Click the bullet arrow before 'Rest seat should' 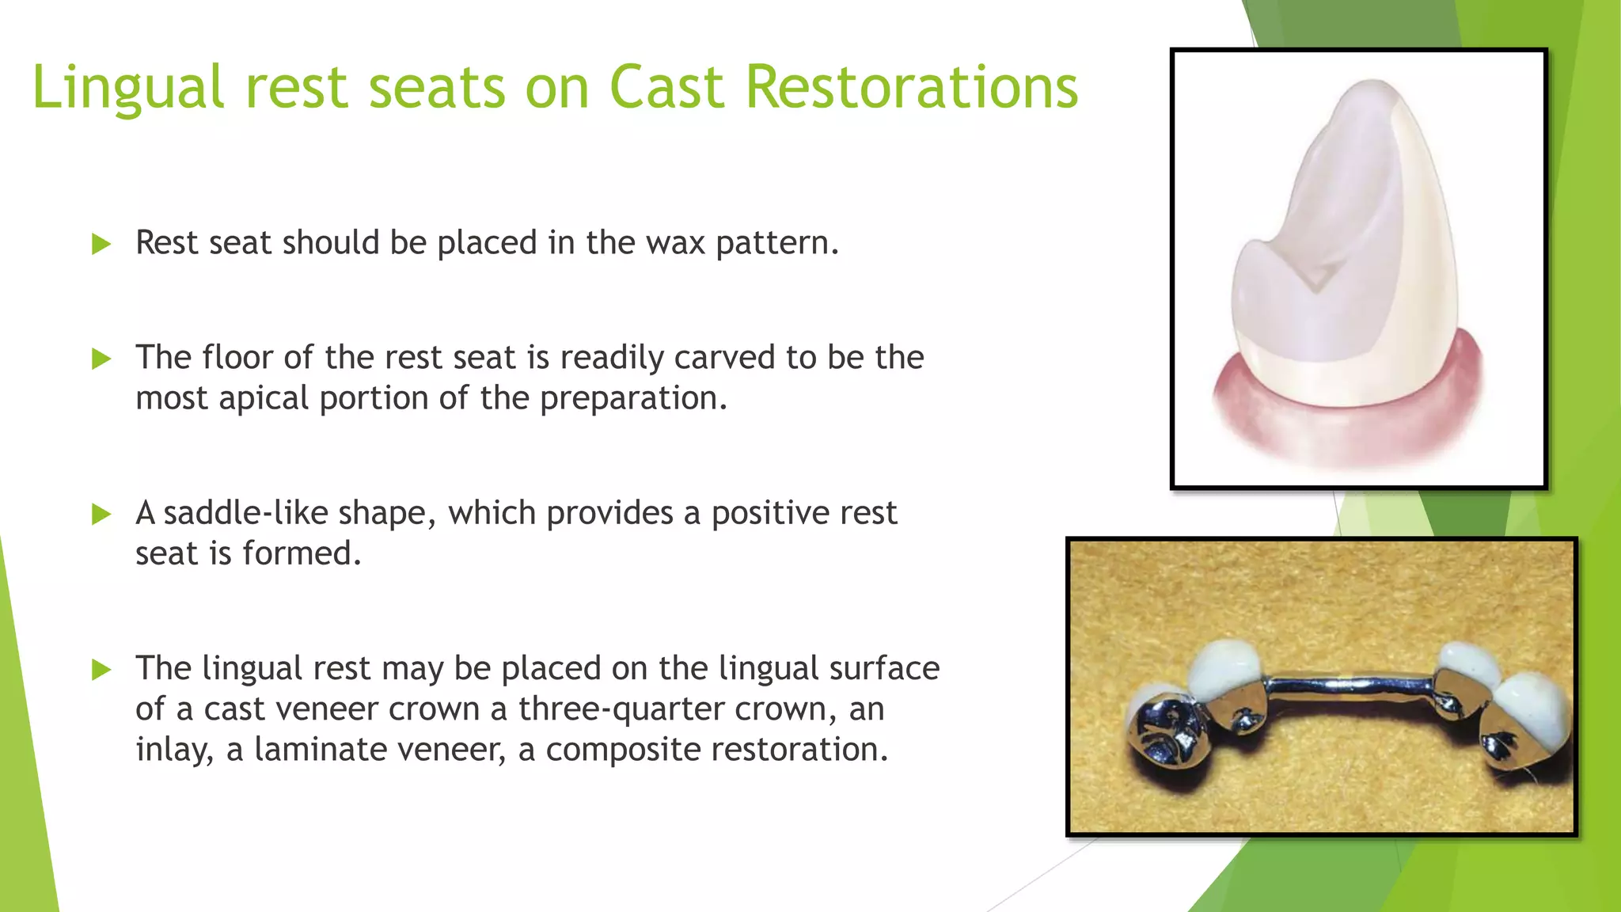(101, 244)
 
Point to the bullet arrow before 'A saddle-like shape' (101, 515)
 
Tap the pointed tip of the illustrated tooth (1373, 85)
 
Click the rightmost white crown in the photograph (1532, 705)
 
